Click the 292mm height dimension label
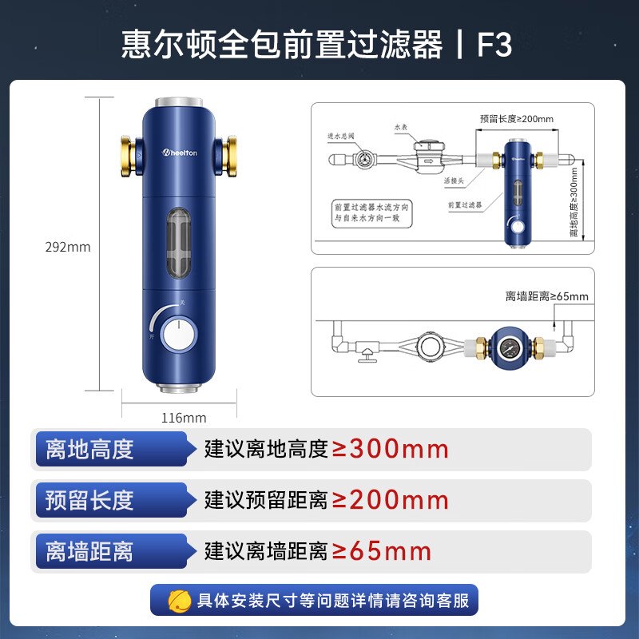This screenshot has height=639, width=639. [68, 247]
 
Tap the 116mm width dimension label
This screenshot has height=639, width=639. [184, 418]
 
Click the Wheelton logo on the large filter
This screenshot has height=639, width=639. [184, 152]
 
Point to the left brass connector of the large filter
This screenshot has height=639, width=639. [129, 153]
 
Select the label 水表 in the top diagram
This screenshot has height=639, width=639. [400, 126]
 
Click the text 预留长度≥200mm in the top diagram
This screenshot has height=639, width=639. [517, 119]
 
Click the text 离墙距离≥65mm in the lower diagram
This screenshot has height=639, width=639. [546, 296]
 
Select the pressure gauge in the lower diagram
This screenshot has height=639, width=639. [508, 349]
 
